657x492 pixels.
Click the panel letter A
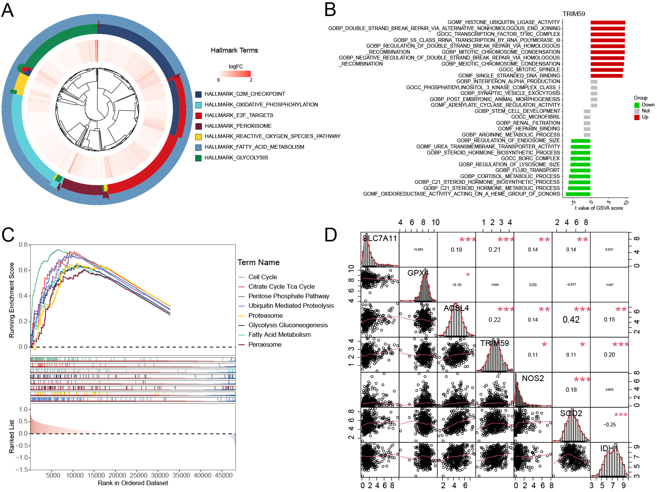(x=8, y=10)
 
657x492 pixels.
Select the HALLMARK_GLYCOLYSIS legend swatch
(x=198, y=158)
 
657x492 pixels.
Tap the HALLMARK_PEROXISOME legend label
(x=238, y=126)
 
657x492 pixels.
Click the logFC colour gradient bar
(x=235, y=74)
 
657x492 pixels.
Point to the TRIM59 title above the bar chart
(x=573, y=14)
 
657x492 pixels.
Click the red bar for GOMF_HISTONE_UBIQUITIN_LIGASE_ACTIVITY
(x=608, y=23)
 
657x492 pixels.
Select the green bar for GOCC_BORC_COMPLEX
(x=580, y=159)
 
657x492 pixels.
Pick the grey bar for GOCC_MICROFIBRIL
(x=587, y=117)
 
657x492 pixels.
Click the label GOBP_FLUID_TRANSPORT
(x=527, y=170)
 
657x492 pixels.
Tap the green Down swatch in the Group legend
(x=637, y=105)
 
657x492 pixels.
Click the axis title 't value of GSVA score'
(x=599, y=208)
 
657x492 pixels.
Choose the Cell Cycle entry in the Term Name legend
(x=262, y=277)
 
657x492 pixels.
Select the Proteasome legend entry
(x=266, y=315)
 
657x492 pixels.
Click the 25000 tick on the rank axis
(x=138, y=475)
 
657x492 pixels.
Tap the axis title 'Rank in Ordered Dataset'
(x=133, y=483)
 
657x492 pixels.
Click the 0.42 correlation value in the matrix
(x=571, y=320)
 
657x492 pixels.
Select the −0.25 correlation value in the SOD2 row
(x=609, y=424)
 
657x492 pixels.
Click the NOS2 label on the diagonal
(x=533, y=378)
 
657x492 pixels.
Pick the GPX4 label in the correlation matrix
(x=418, y=273)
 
